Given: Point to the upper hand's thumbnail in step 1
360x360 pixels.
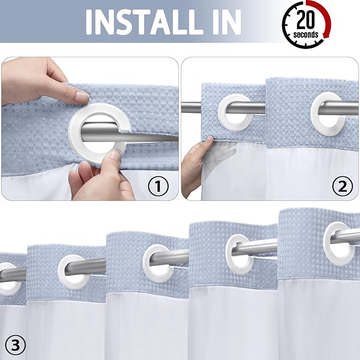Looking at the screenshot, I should click(x=82, y=97).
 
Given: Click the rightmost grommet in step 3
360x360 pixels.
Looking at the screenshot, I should click(x=339, y=244).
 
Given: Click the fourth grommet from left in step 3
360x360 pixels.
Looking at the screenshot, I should click(x=243, y=253).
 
